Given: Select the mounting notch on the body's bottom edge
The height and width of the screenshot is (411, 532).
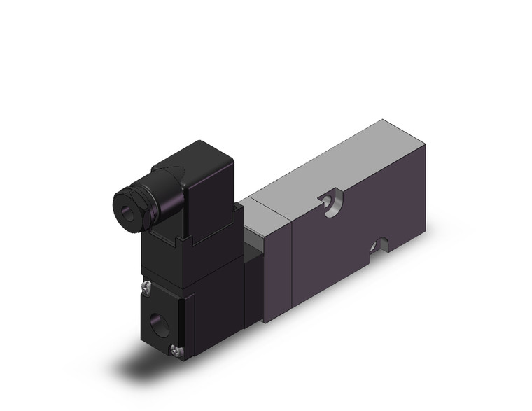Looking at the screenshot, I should coord(378,245).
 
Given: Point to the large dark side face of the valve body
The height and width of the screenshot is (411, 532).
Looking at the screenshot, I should coord(350,231).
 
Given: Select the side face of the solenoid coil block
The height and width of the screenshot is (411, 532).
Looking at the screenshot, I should coord(213,294).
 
